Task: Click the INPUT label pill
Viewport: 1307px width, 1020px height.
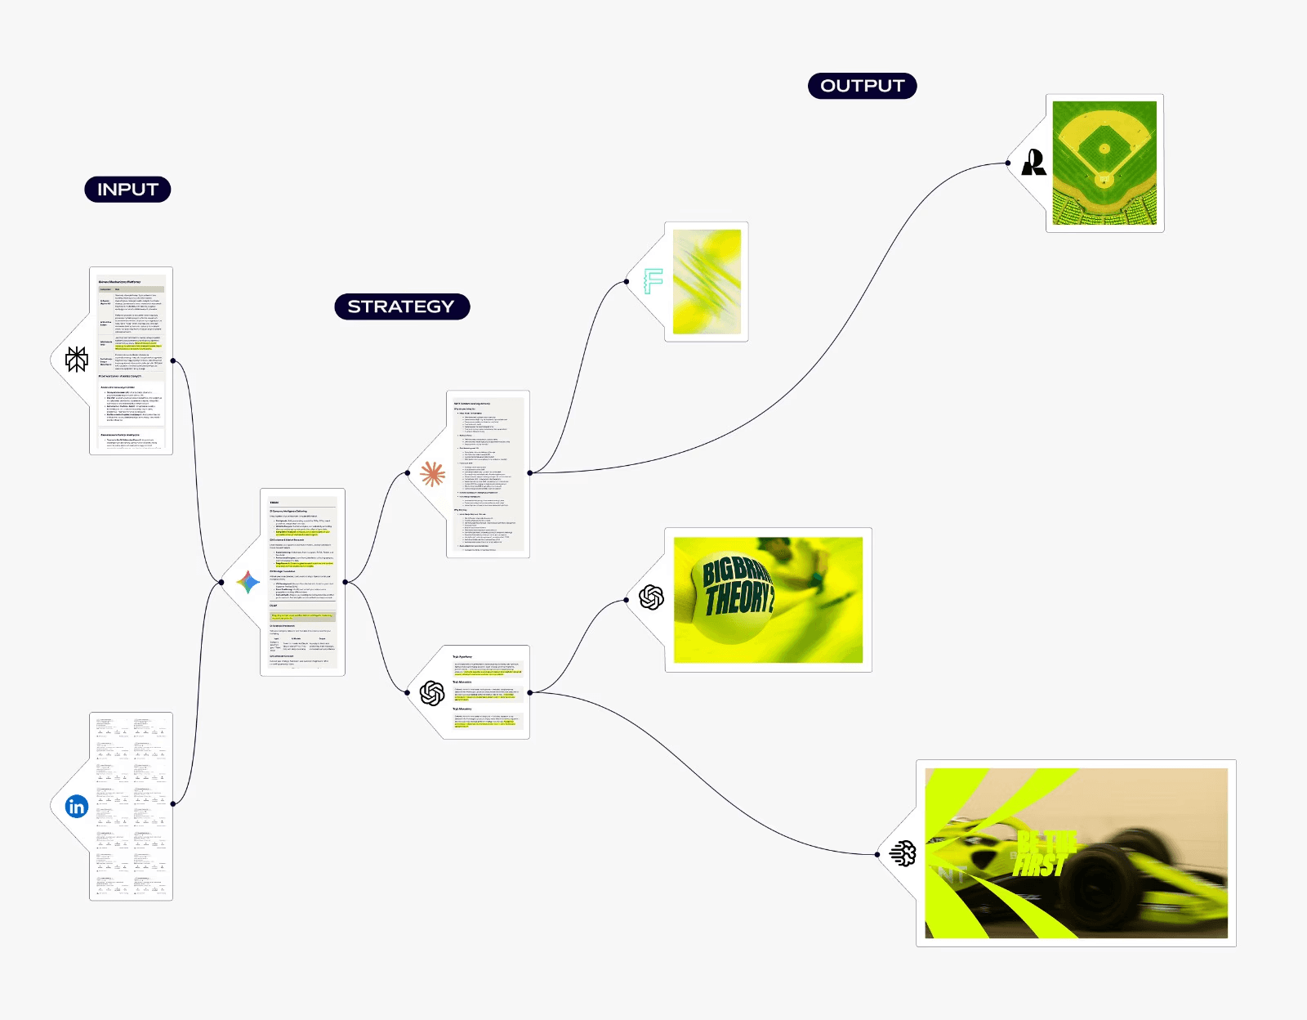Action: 127,190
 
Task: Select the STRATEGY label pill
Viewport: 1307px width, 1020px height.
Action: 401,306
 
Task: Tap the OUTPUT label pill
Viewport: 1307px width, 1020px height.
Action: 862,86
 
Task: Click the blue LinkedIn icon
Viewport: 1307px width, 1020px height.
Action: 77,807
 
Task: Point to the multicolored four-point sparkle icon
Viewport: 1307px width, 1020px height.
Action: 248,582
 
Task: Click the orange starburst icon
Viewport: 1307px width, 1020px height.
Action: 432,473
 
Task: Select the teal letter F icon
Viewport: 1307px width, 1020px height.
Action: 653,281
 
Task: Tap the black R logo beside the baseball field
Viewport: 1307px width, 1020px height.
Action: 1034,163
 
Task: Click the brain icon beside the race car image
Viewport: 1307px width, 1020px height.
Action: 903,854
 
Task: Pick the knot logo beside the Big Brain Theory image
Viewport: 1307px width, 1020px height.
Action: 651,598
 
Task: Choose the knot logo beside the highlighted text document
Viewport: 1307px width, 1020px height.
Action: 432,693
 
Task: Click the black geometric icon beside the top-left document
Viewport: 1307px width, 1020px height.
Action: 77,360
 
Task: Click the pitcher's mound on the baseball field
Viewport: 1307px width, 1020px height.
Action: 1104,149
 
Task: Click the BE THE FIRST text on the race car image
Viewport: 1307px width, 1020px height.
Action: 1042,854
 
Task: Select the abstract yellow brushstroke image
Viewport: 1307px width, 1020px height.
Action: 707,282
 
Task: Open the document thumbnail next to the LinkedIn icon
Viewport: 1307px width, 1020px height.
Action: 132,807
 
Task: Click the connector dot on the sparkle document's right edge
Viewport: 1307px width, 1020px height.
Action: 346,582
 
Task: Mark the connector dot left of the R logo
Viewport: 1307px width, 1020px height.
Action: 1008,163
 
